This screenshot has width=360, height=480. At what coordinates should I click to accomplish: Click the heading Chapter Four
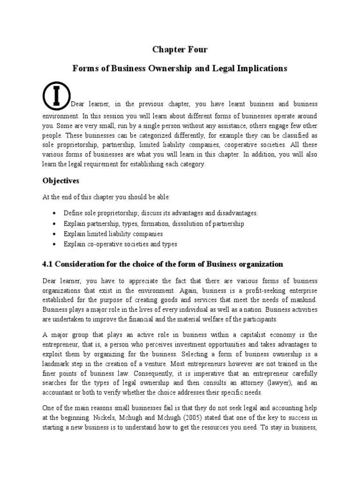(x=180, y=50)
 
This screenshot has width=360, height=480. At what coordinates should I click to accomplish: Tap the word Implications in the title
(x=260, y=68)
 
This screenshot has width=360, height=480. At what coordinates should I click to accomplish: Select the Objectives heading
(x=61, y=180)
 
